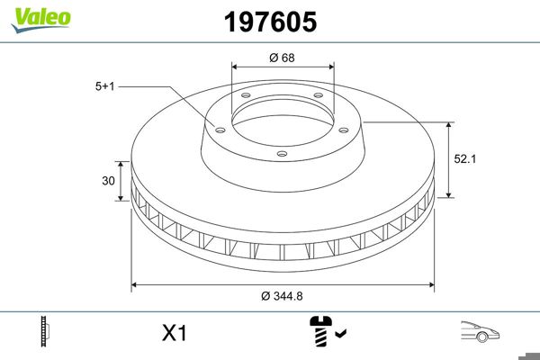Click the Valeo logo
[x=41, y=20]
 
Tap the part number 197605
[x=270, y=22]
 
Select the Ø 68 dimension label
[x=282, y=58]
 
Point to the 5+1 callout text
[x=104, y=86]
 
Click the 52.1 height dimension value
[x=465, y=158]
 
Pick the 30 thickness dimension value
[x=108, y=181]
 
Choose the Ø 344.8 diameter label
[x=282, y=296]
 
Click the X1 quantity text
[x=175, y=333]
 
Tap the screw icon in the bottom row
[x=320, y=331]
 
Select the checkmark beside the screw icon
[x=340, y=333]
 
